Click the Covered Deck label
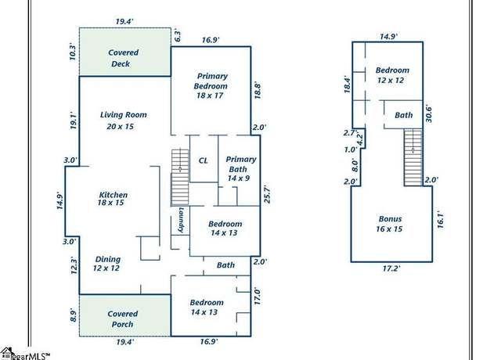click(124, 58)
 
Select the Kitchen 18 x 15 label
click(113, 198)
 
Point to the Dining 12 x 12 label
click(107, 264)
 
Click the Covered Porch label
click(122, 319)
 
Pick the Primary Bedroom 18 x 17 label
click(211, 85)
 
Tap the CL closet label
click(204, 160)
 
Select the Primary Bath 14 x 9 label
click(240, 168)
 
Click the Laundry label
click(181, 220)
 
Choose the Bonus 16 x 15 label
click(390, 224)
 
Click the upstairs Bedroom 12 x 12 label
click(392, 75)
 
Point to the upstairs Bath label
click(404, 115)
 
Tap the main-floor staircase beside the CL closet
click(180, 177)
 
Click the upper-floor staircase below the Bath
click(413, 157)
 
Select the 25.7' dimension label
click(268, 193)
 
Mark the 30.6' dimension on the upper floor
click(428, 113)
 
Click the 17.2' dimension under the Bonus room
click(391, 268)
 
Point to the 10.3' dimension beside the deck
click(73, 52)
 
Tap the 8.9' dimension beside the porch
click(73, 316)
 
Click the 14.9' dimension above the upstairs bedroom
click(388, 37)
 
